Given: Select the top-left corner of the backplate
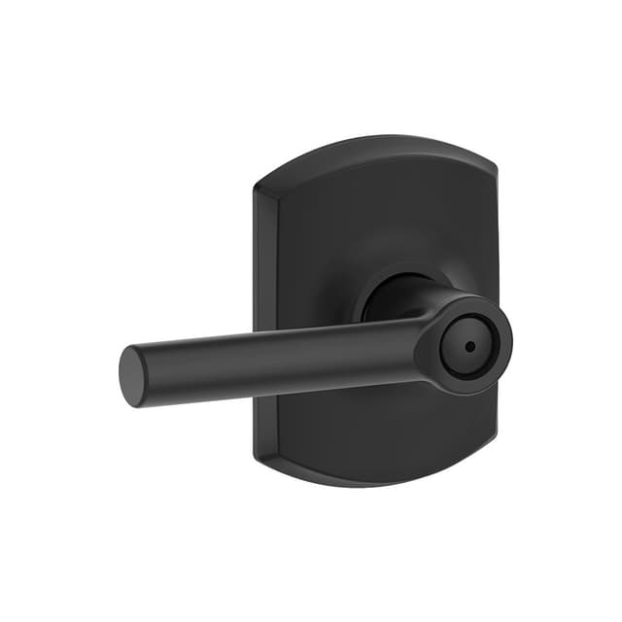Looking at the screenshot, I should click(258, 186).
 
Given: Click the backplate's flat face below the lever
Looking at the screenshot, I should click(379, 428).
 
